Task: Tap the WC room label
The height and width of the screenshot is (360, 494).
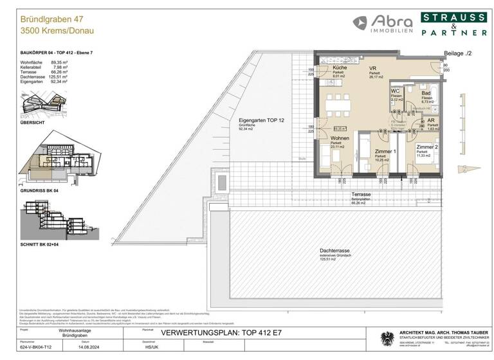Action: click(x=396, y=91)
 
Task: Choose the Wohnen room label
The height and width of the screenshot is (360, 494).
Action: click(x=340, y=139)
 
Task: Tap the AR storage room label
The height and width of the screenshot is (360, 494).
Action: click(x=434, y=120)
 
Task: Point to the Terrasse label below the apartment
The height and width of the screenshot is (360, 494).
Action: click(x=360, y=194)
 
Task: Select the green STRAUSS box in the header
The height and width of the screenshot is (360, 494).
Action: click(x=453, y=17)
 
